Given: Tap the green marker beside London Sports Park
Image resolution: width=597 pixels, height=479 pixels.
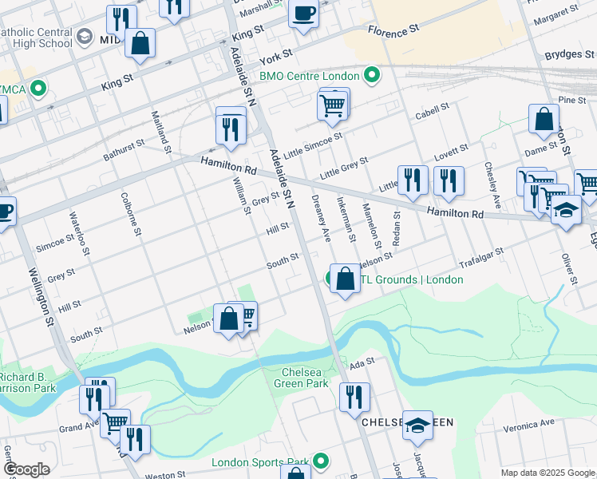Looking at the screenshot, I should click(x=321, y=461).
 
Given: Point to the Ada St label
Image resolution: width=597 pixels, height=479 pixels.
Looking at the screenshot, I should click(x=362, y=361).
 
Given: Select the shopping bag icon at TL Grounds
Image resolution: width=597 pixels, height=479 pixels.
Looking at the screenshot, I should click(x=345, y=279).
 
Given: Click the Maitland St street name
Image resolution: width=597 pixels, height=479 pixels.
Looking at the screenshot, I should click(x=167, y=133).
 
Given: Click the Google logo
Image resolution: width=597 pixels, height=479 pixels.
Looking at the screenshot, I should click(x=26, y=469).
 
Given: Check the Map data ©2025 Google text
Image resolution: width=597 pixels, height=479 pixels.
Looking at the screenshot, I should click(x=547, y=473).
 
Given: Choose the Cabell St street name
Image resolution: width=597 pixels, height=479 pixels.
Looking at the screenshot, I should click(x=431, y=114).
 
